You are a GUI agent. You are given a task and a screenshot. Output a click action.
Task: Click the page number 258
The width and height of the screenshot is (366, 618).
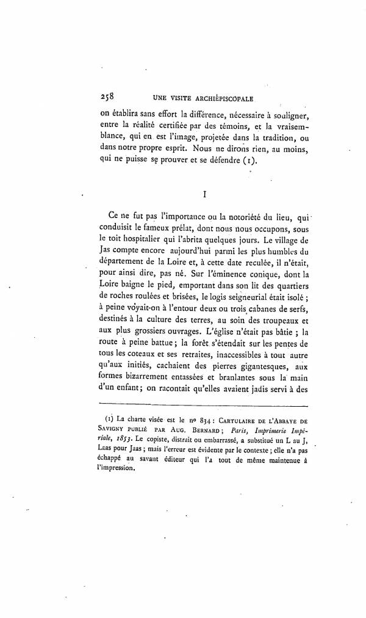click(106, 96)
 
